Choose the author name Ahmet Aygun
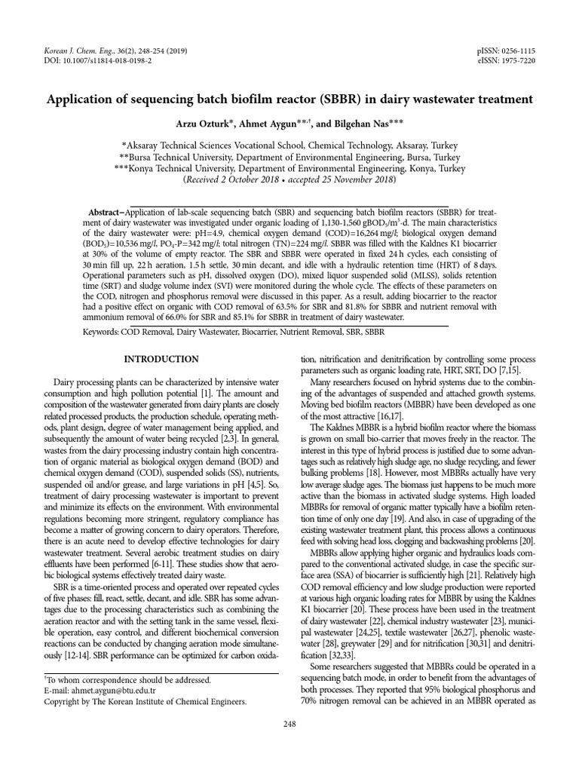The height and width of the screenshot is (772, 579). point(283,124)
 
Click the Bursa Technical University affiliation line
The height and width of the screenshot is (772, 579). point(289,158)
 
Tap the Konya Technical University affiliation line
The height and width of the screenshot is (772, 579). point(289,169)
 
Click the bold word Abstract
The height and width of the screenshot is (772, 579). point(107,213)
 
